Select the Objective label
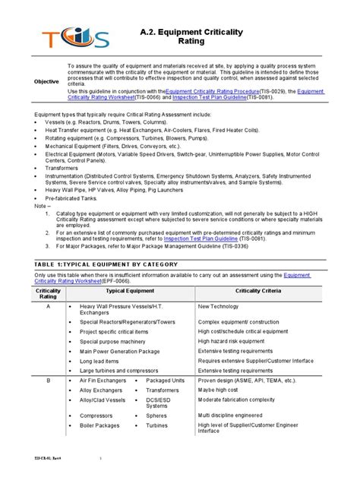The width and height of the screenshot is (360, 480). [x=47, y=81]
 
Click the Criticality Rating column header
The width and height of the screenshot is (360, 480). [x=48, y=294]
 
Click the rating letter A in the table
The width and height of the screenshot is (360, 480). [x=48, y=307]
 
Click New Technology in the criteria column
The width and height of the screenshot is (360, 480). [x=219, y=307]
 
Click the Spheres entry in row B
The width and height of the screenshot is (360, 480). [x=157, y=415]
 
